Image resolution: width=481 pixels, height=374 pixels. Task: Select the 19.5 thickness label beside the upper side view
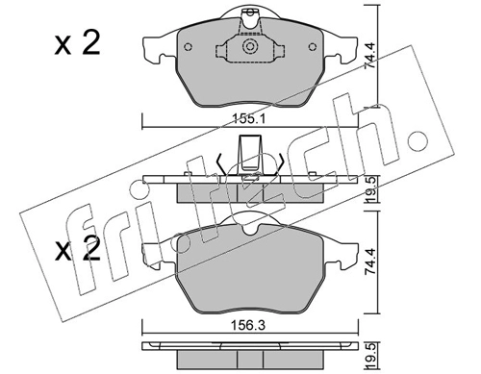pos(370,189)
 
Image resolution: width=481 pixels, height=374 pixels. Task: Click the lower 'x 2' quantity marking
pos(77,249)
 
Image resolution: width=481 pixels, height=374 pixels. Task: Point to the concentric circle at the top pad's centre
pos(250,47)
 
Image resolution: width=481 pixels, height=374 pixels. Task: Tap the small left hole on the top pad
pos(189,47)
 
